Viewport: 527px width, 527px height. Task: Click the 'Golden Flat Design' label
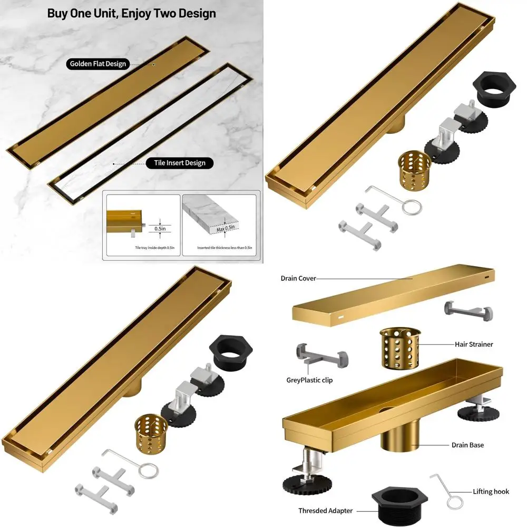[99, 64]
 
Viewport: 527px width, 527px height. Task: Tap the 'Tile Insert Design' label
[180, 163]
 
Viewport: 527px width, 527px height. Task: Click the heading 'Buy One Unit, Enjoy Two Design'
[131, 13]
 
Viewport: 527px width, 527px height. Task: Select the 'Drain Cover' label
[298, 278]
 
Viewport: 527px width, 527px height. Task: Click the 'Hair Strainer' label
[474, 344]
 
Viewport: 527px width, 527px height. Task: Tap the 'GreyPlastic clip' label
[309, 380]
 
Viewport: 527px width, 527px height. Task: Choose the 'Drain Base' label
[468, 445]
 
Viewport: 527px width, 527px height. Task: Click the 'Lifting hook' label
[491, 491]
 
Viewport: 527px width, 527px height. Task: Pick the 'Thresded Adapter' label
[325, 510]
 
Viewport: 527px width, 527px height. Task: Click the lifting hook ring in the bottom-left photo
[148, 470]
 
